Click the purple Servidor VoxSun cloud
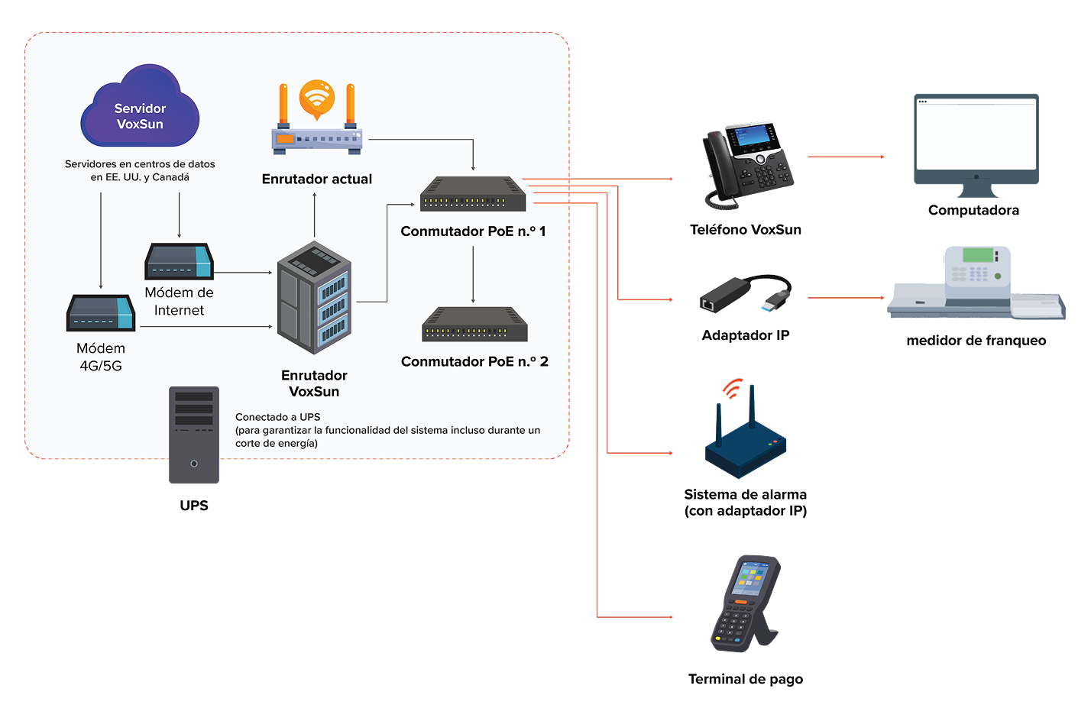point(140,107)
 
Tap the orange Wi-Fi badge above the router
point(317,98)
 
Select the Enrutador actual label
point(316,179)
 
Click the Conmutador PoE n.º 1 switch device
point(473,194)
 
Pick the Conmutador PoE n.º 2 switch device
point(474,325)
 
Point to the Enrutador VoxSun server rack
point(314,298)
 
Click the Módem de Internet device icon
point(179,261)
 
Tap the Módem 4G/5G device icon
point(101,313)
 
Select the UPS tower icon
point(194,435)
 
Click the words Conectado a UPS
point(278,417)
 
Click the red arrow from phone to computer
point(846,157)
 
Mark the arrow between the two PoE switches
point(473,274)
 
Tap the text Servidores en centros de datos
point(140,164)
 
